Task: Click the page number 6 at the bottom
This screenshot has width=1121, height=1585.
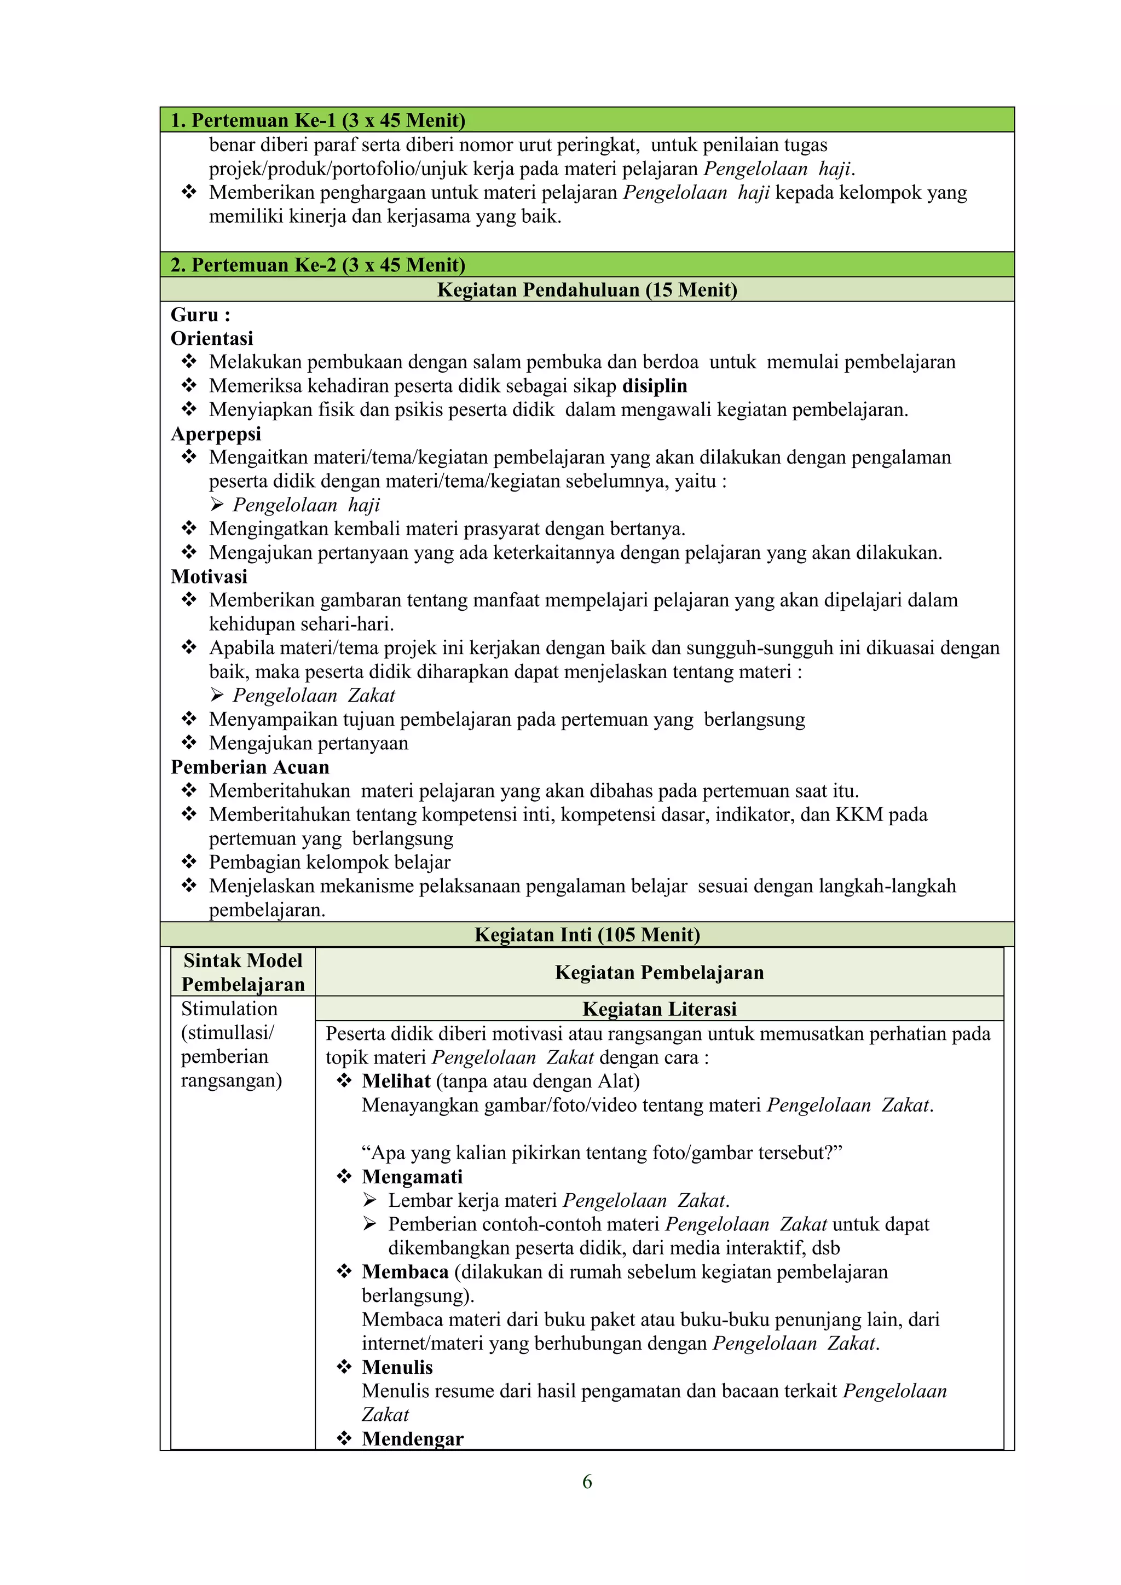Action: (x=587, y=1482)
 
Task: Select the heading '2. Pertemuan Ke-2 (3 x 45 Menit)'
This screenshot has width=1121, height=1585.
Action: (x=317, y=265)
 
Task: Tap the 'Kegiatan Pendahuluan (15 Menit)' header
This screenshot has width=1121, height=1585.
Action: (x=587, y=290)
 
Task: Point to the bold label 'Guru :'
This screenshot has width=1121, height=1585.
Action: (x=200, y=315)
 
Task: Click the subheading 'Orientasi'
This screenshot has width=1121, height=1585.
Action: (x=212, y=338)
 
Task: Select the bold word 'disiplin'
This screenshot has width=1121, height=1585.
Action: (x=655, y=386)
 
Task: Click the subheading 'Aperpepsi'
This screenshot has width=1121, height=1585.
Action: (x=216, y=433)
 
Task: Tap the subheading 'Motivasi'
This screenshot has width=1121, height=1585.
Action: (x=209, y=576)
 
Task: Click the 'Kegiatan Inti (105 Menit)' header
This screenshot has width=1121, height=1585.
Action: (x=587, y=935)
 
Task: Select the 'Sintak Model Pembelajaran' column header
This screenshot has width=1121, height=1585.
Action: (x=243, y=972)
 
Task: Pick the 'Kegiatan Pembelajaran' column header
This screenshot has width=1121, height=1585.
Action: (x=659, y=973)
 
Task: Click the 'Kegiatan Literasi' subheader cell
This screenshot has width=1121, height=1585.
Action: (x=659, y=1009)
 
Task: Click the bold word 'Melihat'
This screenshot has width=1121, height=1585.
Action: (x=396, y=1081)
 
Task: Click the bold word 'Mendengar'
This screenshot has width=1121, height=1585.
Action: (x=412, y=1439)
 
